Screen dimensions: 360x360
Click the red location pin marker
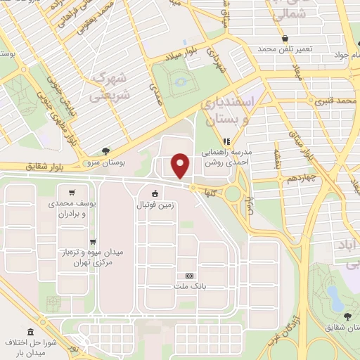click(x=181, y=165)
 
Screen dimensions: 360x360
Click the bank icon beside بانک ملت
click(x=189, y=276)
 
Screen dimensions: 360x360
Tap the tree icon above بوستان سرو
click(x=105, y=150)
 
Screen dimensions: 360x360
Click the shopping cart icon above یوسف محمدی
click(x=72, y=192)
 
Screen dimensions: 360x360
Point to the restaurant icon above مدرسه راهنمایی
click(x=226, y=139)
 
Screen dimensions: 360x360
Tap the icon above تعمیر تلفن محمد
click(x=285, y=39)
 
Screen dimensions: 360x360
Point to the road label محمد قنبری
click(x=330, y=102)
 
